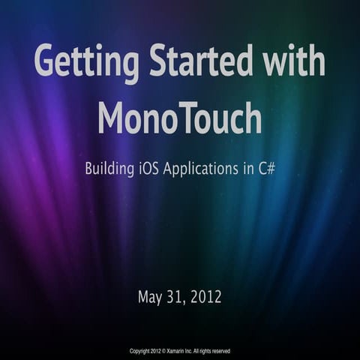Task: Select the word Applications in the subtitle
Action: (x=206, y=169)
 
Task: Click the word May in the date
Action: (x=151, y=297)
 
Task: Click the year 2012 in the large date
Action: (x=206, y=297)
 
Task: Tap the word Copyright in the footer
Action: (x=141, y=351)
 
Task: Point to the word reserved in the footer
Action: (x=220, y=351)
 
